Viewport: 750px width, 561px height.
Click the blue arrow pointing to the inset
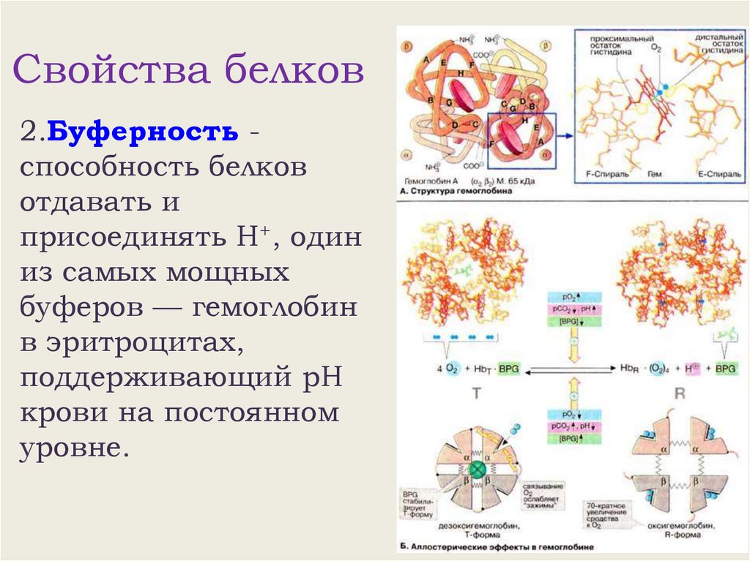coord(565,135)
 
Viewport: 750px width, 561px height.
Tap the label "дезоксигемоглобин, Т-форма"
coord(477,528)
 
